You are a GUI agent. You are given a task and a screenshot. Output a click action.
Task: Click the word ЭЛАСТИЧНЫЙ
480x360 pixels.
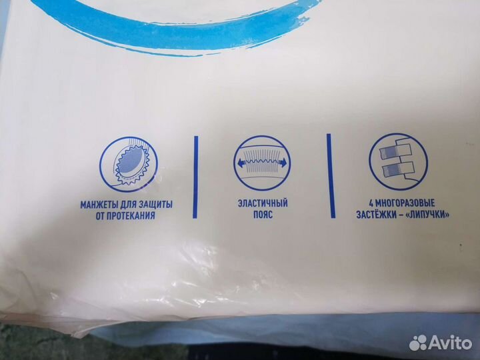263,203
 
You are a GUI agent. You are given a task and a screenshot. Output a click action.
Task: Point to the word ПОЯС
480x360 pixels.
263,214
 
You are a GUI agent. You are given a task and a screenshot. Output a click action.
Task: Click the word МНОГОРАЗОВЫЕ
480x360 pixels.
405,203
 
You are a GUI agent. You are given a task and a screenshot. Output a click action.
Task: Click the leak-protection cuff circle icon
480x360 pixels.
129,165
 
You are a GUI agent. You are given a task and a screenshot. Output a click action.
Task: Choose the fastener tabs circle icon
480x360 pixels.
398,162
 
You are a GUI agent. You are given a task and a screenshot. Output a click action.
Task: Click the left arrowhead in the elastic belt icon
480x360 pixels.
239,163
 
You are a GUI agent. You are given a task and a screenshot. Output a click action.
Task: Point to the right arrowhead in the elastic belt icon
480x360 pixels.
284,163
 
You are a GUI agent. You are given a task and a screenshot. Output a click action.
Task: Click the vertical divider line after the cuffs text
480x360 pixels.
195,177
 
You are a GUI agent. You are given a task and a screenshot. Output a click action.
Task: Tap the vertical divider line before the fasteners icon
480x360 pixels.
331,176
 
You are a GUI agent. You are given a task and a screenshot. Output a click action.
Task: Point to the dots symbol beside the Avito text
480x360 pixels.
418,343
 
